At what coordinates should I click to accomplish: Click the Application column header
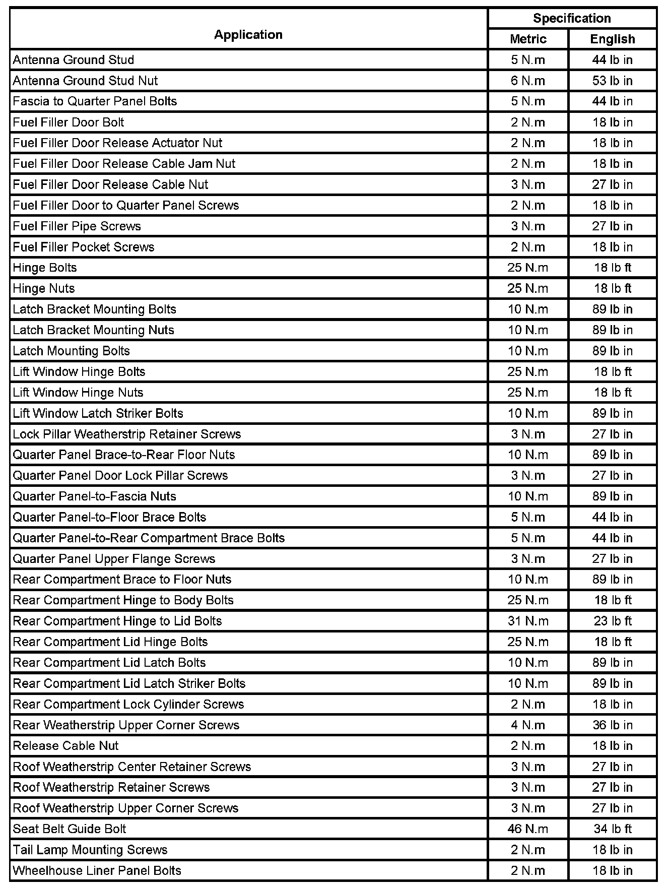point(248,35)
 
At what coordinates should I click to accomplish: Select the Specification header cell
point(572,19)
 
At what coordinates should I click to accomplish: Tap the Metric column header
point(528,39)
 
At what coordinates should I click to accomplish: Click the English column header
point(612,39)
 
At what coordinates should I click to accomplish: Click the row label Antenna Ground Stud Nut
point(85,81)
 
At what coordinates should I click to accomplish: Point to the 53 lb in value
point(612,81)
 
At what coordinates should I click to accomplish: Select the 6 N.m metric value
point(528,81)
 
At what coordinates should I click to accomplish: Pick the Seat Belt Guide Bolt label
point(70,829)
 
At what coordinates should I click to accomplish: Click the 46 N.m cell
point(528,829)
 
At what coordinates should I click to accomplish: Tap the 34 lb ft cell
point(612,829)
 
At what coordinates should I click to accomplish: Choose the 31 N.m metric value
point(528,621)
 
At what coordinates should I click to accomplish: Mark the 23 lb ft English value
point(612,621)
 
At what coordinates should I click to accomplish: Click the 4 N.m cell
point(528,725)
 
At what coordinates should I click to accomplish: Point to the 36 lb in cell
point(612,725)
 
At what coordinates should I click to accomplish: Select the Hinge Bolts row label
point(45,268)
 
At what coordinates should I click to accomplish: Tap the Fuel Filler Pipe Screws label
point(77,226)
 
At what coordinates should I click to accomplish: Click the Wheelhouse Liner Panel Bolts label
point(97,870)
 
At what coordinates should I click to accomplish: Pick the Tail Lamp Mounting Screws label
point(90,850)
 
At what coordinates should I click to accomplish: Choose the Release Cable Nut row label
point(65,746)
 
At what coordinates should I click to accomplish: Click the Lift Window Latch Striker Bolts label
point(98,413)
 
